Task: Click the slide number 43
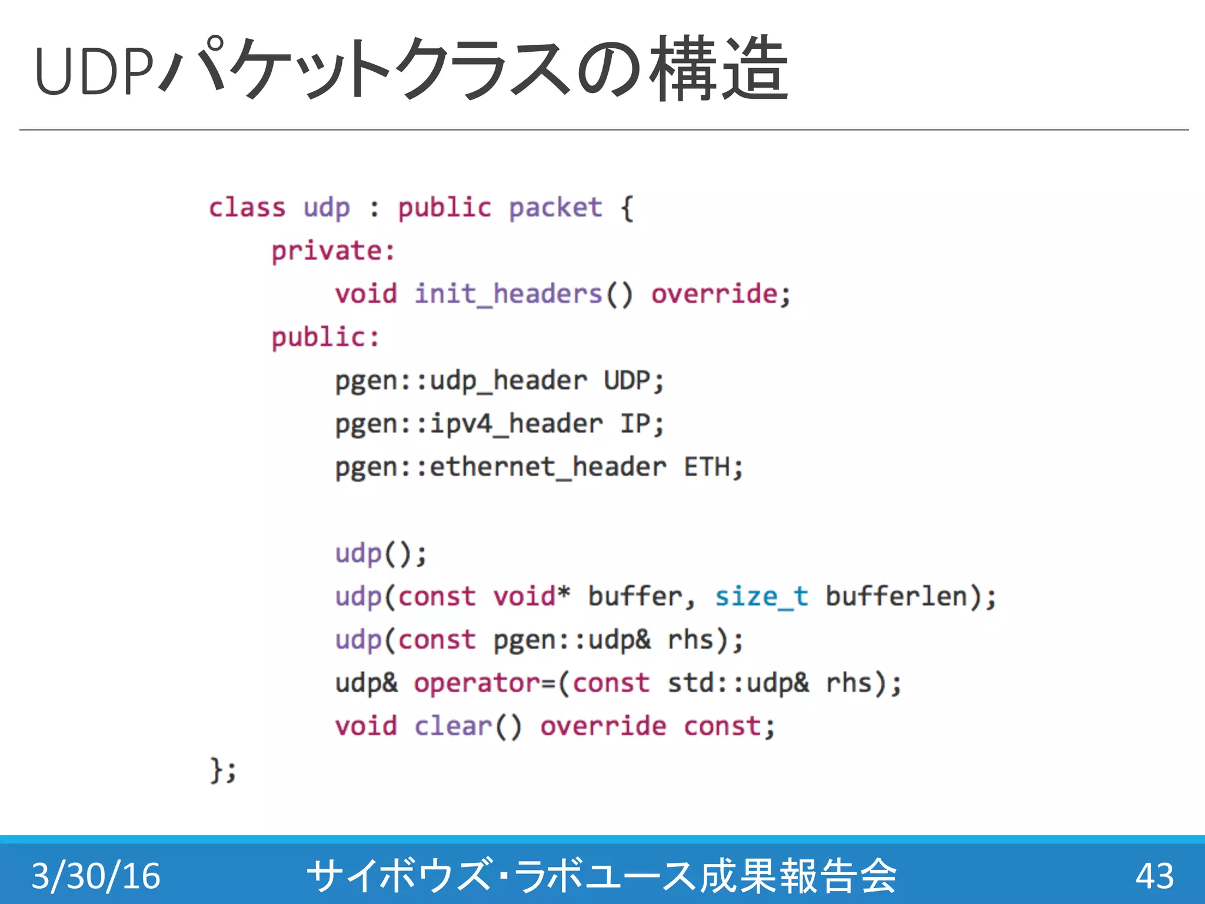(x=1154, y=876)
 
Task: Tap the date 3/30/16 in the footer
(x=96, y=876)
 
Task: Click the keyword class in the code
(x=247, y=208)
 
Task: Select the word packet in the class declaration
(x=555, y=208)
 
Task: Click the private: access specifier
(x=333, y=251)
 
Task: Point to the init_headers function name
(x=508, y=294)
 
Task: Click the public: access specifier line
(x=325, y=338)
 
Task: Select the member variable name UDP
(x=627, y=381)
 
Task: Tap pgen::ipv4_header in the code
(x=469, y=424)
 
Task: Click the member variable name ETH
(x=707, y=467)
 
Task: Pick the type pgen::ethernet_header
(x=501, y=467)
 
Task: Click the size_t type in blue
(x=761, y=597)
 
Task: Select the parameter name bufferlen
(x=896, y=597)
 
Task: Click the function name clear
(x=453, y=726)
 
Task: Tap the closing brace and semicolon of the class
(x=223, y=770)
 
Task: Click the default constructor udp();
(x=381, y=554)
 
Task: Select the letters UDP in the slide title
(x=94, y=71)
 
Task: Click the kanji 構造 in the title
(x=719, y=69)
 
